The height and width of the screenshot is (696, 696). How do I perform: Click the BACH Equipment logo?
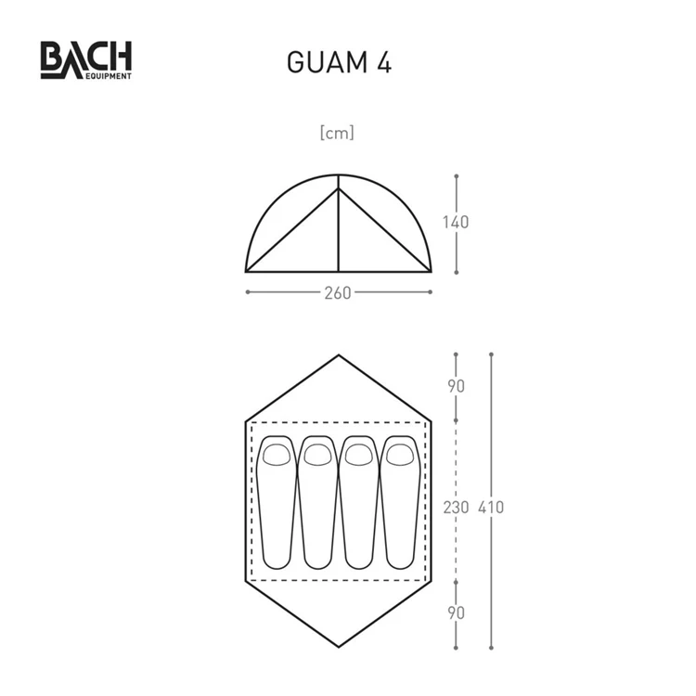85,60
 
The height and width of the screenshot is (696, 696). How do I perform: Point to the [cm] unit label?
337,133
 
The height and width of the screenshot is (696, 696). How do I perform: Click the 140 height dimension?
456,223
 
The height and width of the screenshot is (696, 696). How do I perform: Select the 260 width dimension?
338,292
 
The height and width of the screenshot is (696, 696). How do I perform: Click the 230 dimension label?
456,508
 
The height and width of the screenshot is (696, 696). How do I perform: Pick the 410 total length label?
491,508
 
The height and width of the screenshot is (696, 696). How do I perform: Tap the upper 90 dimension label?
456,386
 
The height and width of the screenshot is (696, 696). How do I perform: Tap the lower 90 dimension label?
456,612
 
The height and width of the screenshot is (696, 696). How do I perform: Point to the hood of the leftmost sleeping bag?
276,454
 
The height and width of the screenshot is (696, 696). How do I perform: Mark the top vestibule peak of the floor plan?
338,355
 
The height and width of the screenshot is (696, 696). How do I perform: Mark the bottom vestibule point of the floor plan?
338,647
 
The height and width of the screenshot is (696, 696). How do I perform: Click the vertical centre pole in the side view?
338,232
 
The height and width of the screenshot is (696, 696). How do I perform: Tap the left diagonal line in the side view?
292,230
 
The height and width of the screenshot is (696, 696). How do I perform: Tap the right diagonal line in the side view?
383,230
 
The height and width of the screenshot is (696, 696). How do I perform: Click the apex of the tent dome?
338,174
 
